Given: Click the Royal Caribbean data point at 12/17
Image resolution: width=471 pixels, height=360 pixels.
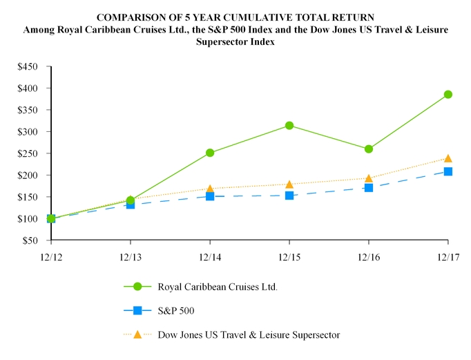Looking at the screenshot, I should (x=448, y=95).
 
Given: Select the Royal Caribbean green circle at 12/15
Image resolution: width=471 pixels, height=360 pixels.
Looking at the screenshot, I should (x=289, y=126).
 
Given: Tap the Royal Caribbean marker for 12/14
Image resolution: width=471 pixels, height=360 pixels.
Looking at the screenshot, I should (x=210, y=153).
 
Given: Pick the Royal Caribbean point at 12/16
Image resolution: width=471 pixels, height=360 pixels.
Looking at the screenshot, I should (x=369, y=149).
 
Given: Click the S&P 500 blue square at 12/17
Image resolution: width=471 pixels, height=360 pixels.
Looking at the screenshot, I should (x=448, y=171).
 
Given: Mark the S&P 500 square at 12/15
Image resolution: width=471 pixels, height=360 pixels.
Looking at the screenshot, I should (x=289, y=196).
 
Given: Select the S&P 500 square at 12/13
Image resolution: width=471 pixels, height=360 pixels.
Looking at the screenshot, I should (x=131, y=205).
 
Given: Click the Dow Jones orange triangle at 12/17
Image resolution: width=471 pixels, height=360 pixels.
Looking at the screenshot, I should (x=448, y=158).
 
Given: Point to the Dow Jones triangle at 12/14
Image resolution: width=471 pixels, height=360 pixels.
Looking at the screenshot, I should (x=210, y=188).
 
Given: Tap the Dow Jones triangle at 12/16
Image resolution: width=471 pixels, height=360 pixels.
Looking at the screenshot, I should (x=369, y=178).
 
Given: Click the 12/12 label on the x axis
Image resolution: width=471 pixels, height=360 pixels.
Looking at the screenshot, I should (x=51, y=257).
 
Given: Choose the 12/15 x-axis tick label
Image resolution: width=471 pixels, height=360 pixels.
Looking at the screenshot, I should (x=289, y=257).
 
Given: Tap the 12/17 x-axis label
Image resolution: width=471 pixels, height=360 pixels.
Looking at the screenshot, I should (x=448, y=257).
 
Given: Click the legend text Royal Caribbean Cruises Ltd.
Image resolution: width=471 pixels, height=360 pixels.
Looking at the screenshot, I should (x=218, y=287).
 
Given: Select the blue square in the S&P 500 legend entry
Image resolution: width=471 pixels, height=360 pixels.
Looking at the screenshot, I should (x=137, y=310).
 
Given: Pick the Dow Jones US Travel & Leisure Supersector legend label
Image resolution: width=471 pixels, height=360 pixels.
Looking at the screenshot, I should (x=249, y=334).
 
